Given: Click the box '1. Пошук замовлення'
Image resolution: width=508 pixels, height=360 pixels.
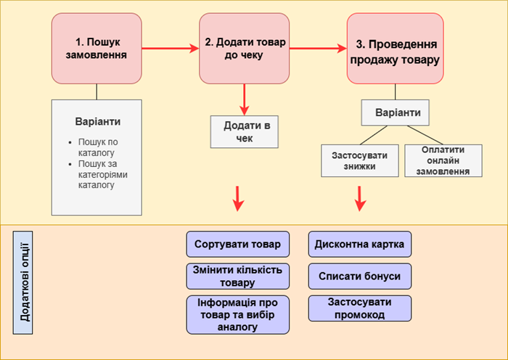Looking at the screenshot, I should (97, 48).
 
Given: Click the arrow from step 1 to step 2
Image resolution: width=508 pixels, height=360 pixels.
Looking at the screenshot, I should (168, 49).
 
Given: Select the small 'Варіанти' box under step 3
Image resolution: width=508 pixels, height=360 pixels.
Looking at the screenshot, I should (395, 113).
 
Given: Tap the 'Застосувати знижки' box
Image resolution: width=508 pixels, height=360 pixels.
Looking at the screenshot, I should (359, 160).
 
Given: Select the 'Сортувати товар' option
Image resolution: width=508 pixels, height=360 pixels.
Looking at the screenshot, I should (238, 245).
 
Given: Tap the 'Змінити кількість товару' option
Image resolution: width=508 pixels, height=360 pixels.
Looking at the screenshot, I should (238, 276).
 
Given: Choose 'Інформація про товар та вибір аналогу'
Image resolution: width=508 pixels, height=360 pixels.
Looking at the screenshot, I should (238, 314).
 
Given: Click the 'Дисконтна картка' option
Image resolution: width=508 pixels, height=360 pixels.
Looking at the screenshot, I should (360, 245).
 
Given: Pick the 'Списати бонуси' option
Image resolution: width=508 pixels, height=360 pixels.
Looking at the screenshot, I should (360, 277).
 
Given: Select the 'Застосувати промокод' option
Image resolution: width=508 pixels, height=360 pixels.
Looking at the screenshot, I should (360, 308).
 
